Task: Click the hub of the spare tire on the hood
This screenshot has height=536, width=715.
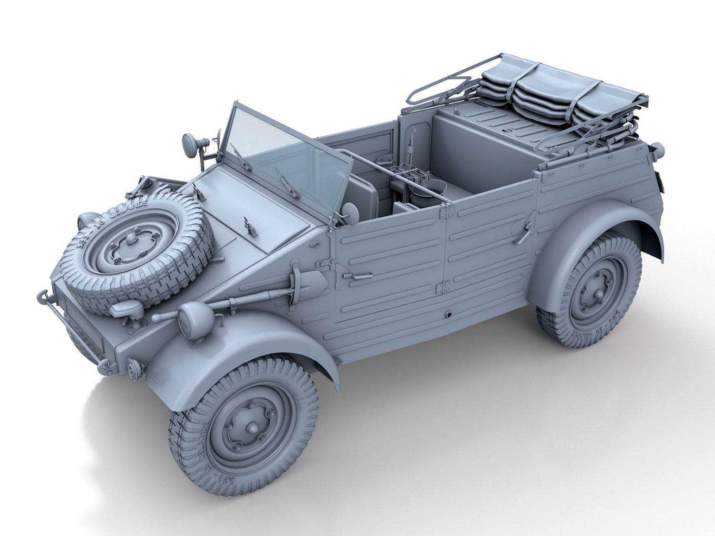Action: (125, 248)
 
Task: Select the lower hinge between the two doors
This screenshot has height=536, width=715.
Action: (444, 285)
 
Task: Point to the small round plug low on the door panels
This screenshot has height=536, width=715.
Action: (449, 315)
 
